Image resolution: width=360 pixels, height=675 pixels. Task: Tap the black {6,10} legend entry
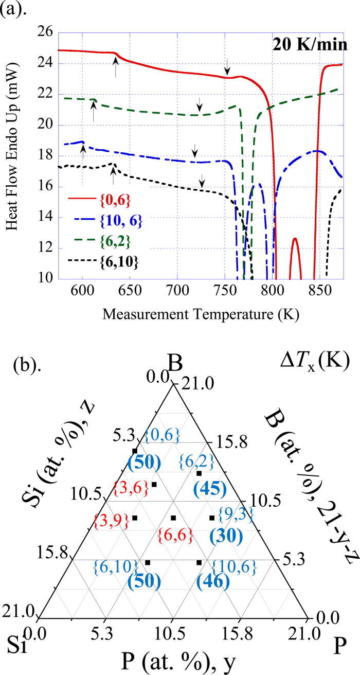point(123,263)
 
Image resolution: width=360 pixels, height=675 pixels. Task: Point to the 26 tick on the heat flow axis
point(45,33)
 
